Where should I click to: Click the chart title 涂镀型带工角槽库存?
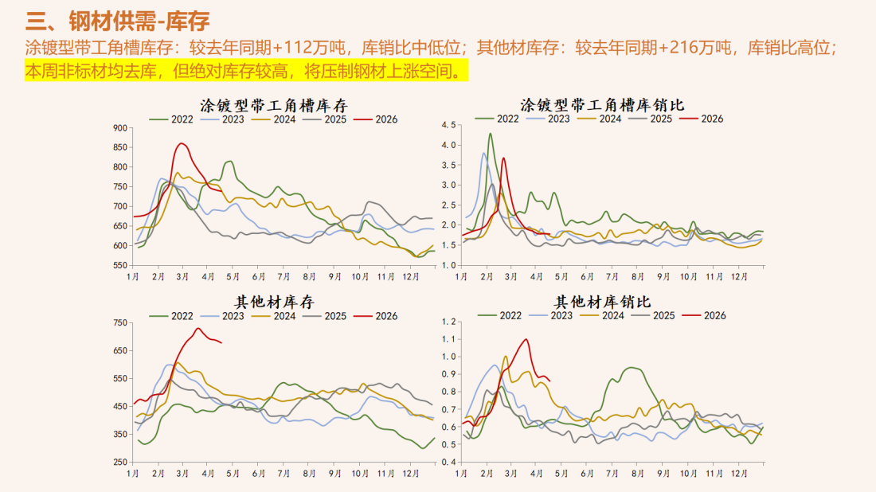point(273,105)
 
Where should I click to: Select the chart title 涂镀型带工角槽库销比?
point(602,105)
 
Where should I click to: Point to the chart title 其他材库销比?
point(602,302)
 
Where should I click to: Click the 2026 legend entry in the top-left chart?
point(375,119)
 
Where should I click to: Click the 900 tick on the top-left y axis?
point(119,128)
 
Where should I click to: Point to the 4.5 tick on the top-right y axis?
point(448,126)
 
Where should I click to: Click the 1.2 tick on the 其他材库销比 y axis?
point(448,322)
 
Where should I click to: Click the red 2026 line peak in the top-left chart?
point(182,143)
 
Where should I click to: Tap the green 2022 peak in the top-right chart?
point(490,134)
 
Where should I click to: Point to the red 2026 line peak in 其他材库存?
point(197,328)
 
